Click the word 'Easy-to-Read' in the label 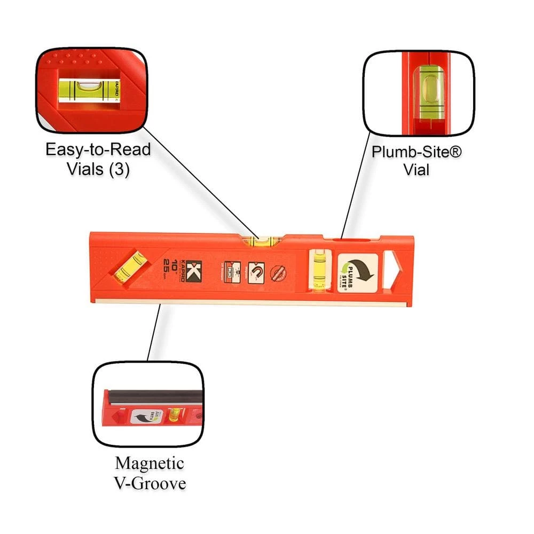click(x=98, y=149)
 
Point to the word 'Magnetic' click(x=150, y=462)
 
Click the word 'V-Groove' click(x=150, y=484)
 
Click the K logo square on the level click(x=192, y=265)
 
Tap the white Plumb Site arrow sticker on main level click(x=357, y=272)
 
